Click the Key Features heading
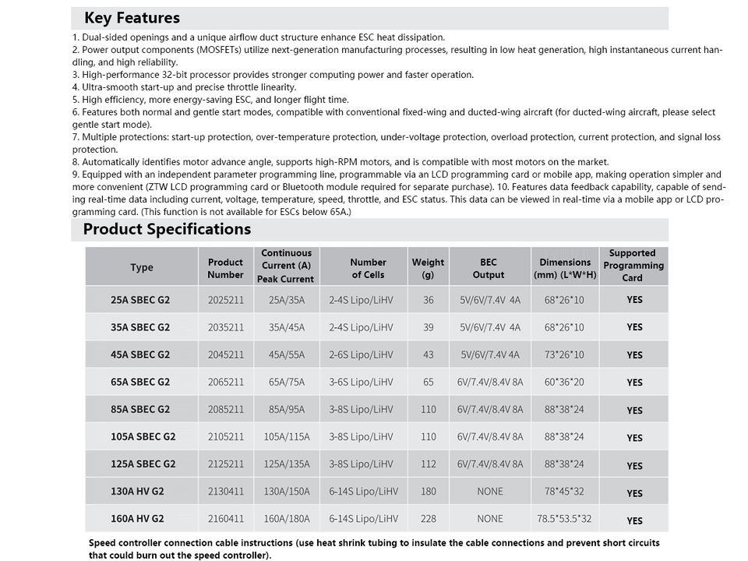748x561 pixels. pos(132,18)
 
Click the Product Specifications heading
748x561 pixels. pos(167,229)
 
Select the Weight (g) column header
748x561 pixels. pos(428,268)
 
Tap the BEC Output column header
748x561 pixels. pos(489,268)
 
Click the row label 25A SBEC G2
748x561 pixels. pos(140,299)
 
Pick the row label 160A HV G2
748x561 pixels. pos(137,519)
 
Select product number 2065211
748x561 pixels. pos(226,382)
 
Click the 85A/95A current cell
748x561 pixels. pos(287,409)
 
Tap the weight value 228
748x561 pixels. pos(428,519)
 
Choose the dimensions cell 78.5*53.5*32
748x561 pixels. pos(564,519)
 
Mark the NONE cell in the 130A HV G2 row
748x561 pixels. pos(490,492)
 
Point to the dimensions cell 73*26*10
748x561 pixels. pos(564,355)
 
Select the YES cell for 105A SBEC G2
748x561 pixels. pos(634,438)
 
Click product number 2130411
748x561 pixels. pos(226,492)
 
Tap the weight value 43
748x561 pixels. pos(428,355)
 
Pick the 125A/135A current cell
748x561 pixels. pos(287,464)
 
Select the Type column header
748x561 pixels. pos(142,267)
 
